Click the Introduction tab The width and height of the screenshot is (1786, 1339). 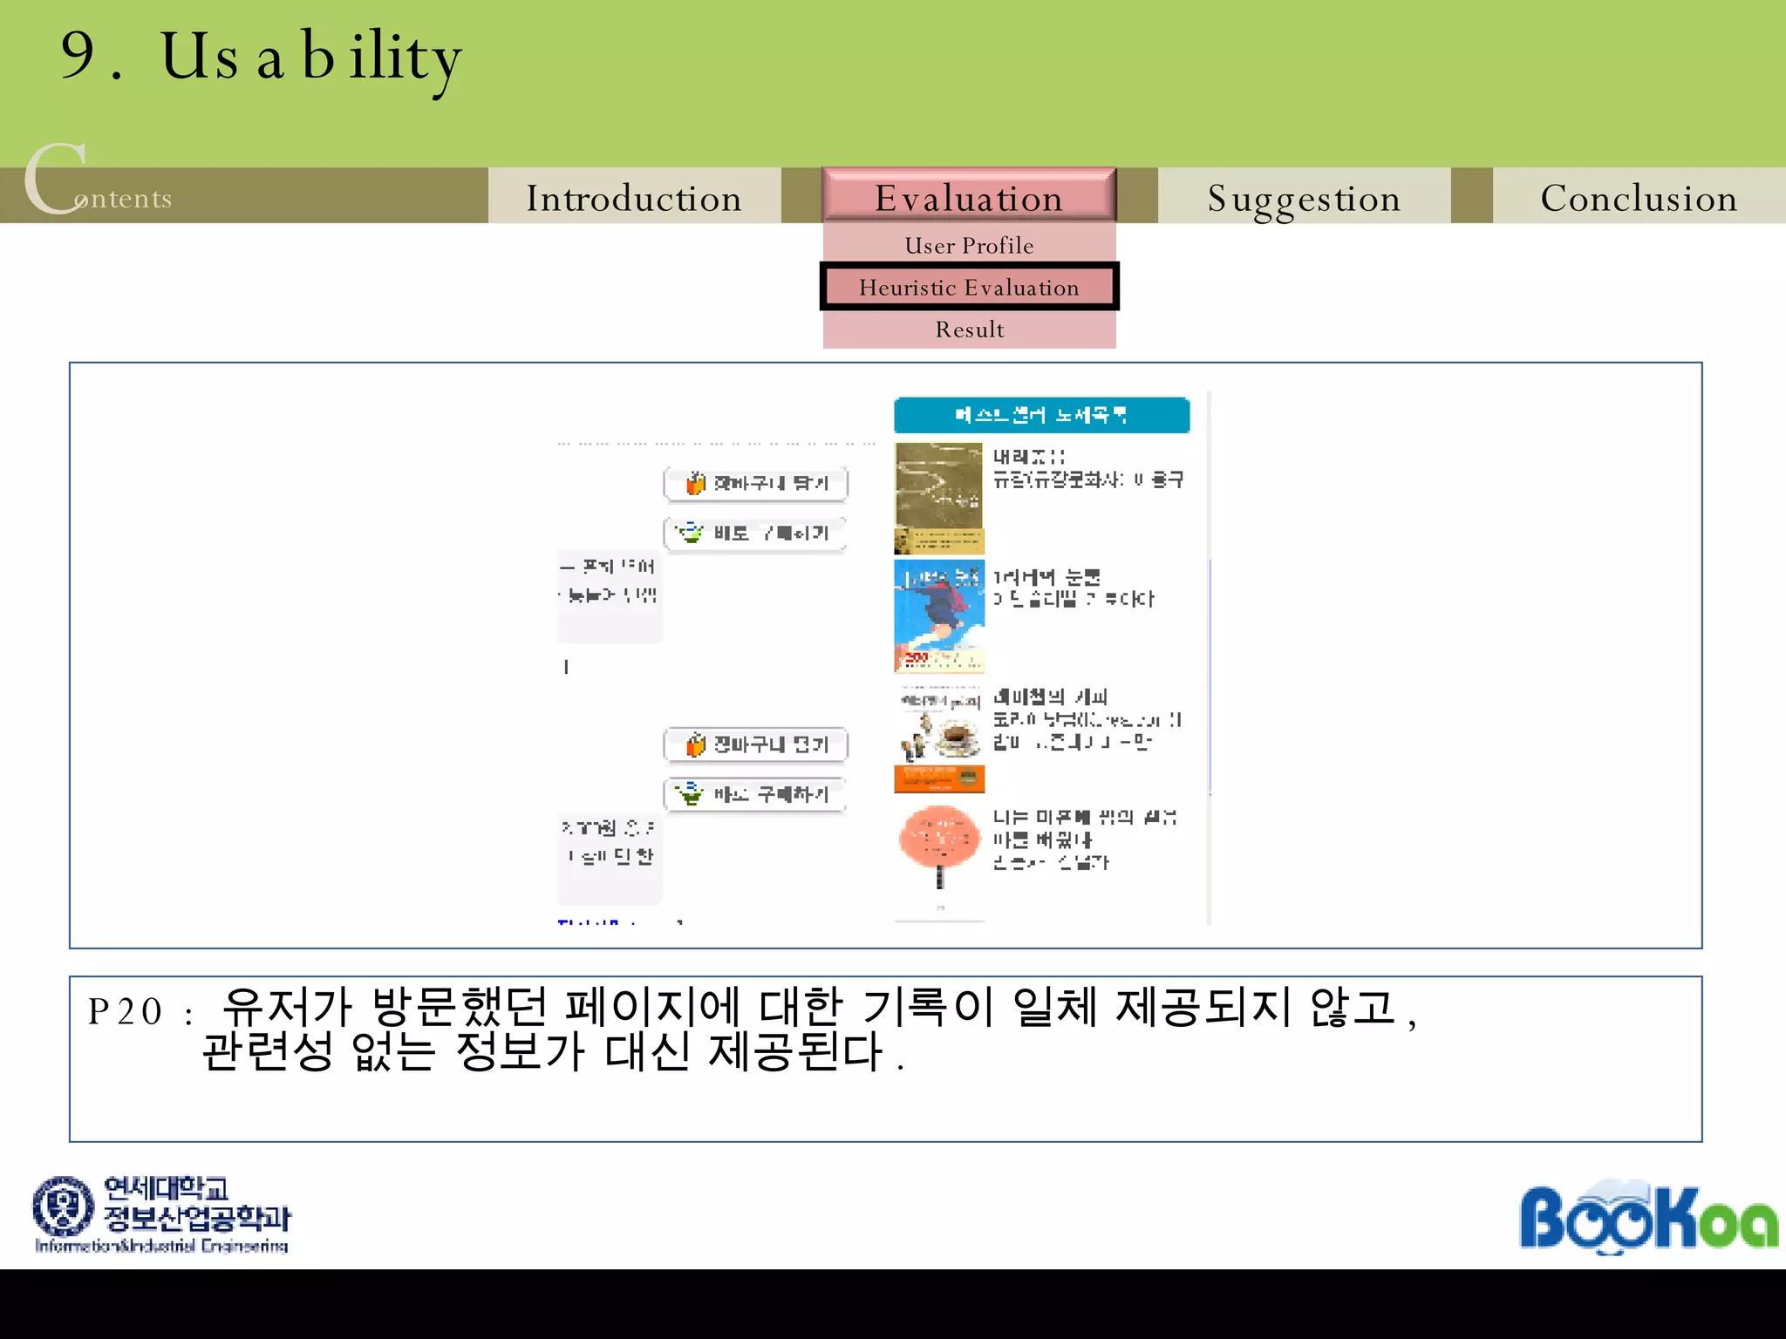634,198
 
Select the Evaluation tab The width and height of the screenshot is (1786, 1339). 969,197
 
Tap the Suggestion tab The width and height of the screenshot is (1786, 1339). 1304,198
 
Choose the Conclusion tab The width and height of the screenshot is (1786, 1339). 1639,198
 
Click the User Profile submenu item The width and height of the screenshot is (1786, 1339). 969,245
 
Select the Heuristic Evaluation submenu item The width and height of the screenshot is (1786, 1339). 969,287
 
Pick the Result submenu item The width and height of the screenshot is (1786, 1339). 969,330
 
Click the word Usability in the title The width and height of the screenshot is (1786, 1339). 310,58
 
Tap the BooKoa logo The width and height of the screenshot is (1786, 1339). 1647,1217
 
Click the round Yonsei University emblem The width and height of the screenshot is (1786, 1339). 63,1206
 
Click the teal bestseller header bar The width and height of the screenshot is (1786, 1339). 1041,415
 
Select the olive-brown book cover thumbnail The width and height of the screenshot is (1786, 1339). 938,498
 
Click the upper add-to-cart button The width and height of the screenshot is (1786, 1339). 755,483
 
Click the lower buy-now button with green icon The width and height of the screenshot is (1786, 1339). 755,794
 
